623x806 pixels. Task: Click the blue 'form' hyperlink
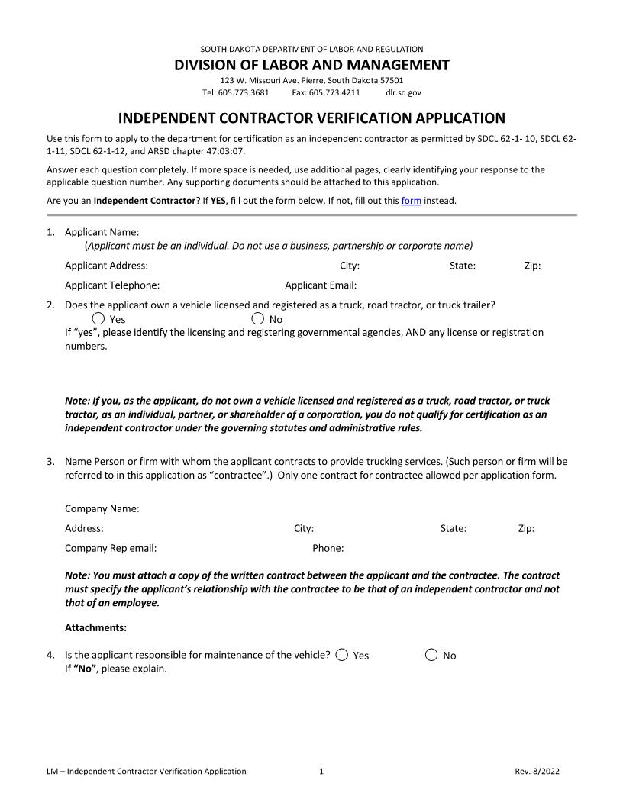411,201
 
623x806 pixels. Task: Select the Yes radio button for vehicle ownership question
98,318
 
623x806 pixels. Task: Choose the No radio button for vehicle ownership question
258,318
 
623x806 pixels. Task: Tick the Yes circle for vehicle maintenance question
342,654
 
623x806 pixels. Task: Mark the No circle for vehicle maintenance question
431,654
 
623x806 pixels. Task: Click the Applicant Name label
101,232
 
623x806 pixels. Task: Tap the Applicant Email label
321,285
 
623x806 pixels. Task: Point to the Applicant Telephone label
112,285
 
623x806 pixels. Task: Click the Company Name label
102,508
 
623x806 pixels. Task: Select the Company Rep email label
111,548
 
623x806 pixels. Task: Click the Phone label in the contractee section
328,548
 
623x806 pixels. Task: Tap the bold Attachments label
95,628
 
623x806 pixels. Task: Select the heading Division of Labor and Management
311,65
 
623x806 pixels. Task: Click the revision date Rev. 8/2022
537,771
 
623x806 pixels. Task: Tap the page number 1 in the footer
321,771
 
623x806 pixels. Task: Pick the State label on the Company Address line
453,528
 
